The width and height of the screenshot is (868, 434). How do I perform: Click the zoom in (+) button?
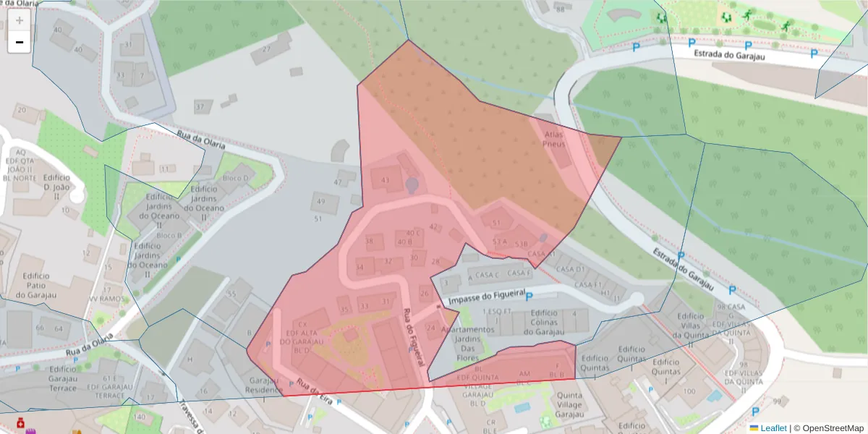[x=19, y=21]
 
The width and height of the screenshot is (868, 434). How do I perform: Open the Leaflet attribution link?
[x=773, y=428]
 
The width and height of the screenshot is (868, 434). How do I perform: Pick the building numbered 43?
[x=385, y=180]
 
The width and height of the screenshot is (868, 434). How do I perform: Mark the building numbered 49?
[x=320, y=202]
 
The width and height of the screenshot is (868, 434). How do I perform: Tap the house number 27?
[x=266, y=49]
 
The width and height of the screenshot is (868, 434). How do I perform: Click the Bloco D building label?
[x=235, y=178]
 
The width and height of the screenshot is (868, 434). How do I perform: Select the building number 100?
[x=689, y=391]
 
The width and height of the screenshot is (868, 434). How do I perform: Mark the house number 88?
[x=560, y=9]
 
